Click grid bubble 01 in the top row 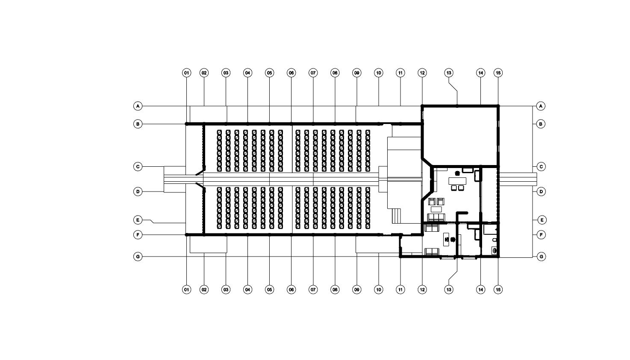coord(186,73)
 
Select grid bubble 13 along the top coord(449,73)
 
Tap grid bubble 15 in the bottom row coord(498,289)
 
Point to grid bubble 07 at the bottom coord(313,289)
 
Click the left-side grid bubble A coord(138,106)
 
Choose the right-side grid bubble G coord(541,257)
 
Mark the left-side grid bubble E coord(138,220)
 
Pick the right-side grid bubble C coord(541,166)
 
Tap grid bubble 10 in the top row coord(379,73)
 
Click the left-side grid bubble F coord(138,235)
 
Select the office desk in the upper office coord(457,181)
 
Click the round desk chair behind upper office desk coord(458,173)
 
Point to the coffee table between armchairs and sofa coord(436,210)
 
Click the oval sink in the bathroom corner coord(495,251)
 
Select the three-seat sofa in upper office coord(436,218)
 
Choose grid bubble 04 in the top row coord(247,73)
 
